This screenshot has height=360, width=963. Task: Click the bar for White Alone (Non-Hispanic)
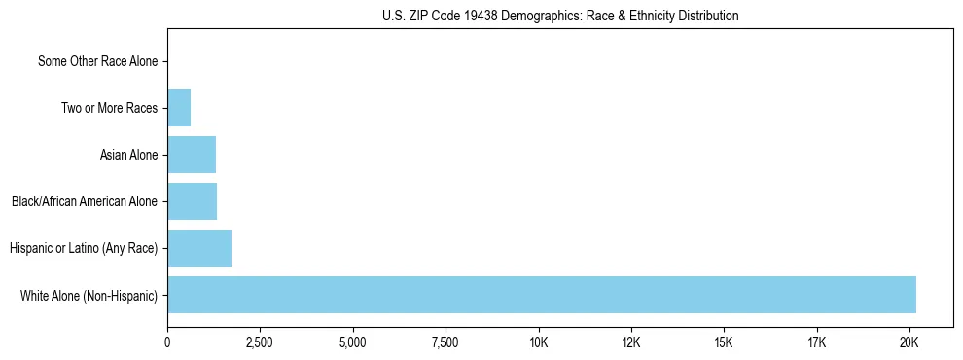[541, 295]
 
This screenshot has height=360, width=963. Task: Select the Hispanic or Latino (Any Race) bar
[199, 248]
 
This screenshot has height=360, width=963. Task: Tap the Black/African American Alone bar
[192, 201]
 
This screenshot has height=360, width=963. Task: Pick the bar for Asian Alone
[192, 155]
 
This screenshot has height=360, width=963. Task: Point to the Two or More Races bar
[179, 108]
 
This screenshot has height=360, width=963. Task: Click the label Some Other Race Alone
[97, 61]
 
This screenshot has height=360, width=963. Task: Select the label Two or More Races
[109, 108]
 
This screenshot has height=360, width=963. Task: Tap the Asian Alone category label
[128, 155]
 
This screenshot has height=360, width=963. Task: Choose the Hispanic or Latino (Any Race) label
[84, 248]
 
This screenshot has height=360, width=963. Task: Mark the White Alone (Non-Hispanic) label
[89, 295]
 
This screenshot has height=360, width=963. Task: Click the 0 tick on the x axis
[167, 342]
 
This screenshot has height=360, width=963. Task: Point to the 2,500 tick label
[260, 342]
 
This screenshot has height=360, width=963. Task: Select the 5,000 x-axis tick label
[352, 342]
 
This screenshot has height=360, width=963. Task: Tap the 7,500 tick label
[446, 342]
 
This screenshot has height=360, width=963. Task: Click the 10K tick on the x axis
[538, 342]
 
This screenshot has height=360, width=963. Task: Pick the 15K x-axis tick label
[724, 342]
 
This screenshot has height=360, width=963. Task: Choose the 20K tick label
[909, 342]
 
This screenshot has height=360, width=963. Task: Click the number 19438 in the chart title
[481, 16]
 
